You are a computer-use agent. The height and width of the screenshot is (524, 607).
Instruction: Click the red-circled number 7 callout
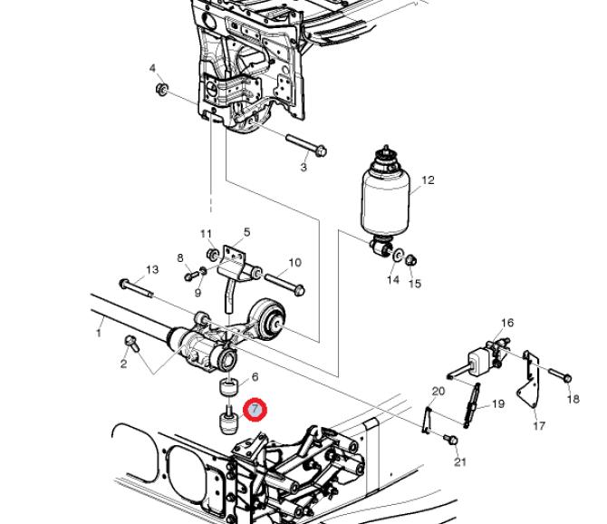pos(255,410)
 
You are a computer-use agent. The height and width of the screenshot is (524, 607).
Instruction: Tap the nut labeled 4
pos(161,89)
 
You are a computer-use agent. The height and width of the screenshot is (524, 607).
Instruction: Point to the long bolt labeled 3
pos(306,144)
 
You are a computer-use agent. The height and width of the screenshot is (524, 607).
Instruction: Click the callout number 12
pos(428,180)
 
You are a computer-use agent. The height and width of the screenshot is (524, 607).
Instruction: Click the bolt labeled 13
pos(137,288)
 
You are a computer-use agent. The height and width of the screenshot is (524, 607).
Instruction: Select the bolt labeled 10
pos(284,284)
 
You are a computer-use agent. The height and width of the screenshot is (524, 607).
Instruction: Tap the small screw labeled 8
pos(191,277)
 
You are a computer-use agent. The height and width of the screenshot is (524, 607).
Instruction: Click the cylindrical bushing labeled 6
pos(228,388)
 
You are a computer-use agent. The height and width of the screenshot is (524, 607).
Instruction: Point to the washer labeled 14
pos(396,256)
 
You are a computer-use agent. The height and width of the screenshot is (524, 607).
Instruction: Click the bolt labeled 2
pos(132,344)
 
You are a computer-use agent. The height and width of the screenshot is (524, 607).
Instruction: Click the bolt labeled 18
pos(560,375)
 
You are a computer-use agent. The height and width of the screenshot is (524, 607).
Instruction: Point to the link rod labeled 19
pos(471,404)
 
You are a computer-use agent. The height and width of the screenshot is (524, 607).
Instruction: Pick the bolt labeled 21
pos(450,439)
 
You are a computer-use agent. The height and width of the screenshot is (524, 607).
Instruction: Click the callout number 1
pos(99,333)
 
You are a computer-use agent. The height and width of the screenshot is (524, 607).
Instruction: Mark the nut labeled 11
pos(213,255)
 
